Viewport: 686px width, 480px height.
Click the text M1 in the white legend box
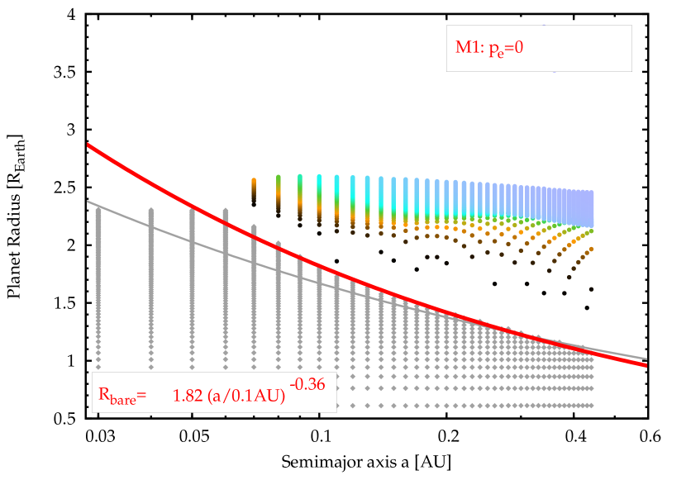(468, 48)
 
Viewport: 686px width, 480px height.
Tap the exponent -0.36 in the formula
(307, 383)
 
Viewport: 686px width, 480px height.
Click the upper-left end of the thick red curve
(88, 145)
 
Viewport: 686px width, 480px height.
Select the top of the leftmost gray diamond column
(98, 208)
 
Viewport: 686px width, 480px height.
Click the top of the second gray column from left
(151, 211)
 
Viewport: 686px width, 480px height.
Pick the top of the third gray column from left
(193, 210)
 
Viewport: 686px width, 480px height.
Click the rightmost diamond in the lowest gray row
(592, 405)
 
